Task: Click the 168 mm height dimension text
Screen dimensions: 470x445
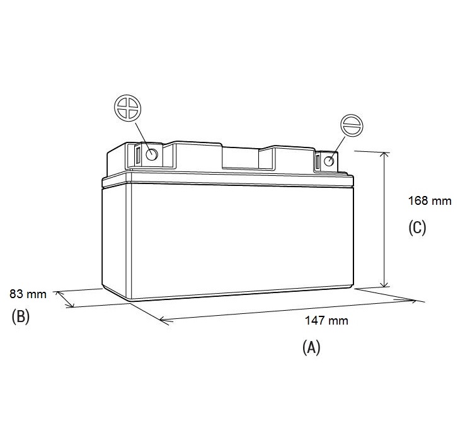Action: pos(430,200)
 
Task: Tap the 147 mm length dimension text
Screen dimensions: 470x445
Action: pos(326,321)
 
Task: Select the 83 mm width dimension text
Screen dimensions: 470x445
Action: pos(28,294)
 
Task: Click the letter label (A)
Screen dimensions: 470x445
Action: pos(311,347)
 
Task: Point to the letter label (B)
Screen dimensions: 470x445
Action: pos(21,316)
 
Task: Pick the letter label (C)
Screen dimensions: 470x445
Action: pos(417,228)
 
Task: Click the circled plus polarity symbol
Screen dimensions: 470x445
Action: pos(128,108)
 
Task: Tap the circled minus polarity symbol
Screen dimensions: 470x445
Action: pos(352,125)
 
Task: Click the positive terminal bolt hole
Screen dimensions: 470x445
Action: pos(152,154)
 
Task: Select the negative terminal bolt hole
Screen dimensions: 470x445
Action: pos(329,161)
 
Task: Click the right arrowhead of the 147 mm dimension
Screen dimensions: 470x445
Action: pos(412,300)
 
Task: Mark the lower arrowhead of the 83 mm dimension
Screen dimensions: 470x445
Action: pos(70,304)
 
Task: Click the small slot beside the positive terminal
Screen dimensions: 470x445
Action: pos(137,156)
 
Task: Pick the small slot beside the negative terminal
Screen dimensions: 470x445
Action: pos(318,162)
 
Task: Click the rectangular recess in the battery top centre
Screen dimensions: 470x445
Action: pos(240,158)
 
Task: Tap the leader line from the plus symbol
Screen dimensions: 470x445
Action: pos(143,137)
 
